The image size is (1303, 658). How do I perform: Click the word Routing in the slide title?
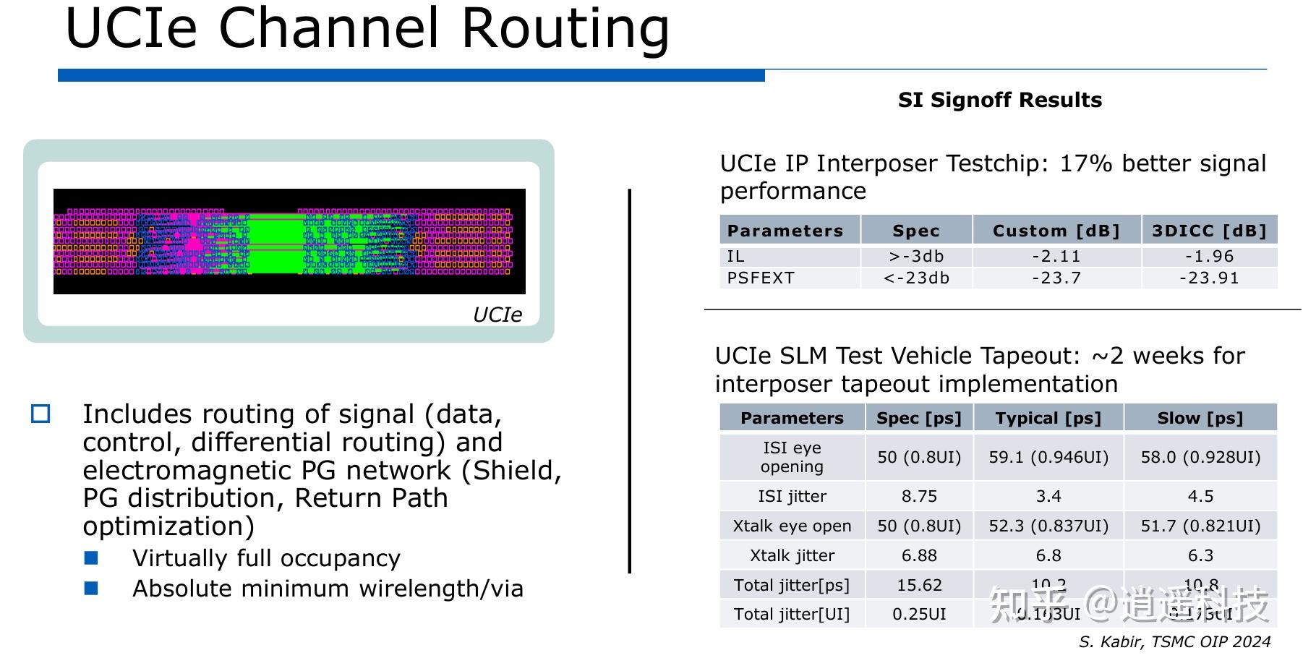click(x=565, y=29)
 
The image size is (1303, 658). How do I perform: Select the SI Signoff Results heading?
click(x=999, y=100)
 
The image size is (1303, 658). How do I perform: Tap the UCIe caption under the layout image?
click(x=497, y=315)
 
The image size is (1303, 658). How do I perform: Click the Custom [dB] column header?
click(x=1056, y=231)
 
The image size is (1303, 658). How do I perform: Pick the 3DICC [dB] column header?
click(x=1209, y=231)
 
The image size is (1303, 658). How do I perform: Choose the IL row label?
click(x=735, y=257)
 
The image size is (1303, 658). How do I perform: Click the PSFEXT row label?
click(x=761, y=278)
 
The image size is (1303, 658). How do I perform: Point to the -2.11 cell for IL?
click(x=1056, y=257)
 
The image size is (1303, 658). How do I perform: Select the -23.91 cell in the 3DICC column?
click(x=1209, y=278)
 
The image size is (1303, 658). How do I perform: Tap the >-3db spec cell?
click(x=916, y=257)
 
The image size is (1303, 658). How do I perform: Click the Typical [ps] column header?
click(x=1048, y=418)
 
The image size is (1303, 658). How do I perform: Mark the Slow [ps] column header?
click(x=1200, y=418)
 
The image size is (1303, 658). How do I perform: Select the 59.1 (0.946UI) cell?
click(x=1048, y=457)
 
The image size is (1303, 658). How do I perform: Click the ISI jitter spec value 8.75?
click(x=919, y=497)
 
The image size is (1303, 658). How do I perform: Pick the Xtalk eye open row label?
click(x=792, y=526)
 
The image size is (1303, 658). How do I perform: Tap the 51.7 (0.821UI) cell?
click(x=1200, y=526)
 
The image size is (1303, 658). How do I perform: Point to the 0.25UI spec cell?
click(x=919, y=615)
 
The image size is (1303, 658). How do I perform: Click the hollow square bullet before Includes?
click(x=40, y=414)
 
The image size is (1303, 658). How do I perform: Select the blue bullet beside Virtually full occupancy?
click(x=91, y=557)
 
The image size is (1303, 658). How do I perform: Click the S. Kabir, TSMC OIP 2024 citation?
click(x=1174, y=642)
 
